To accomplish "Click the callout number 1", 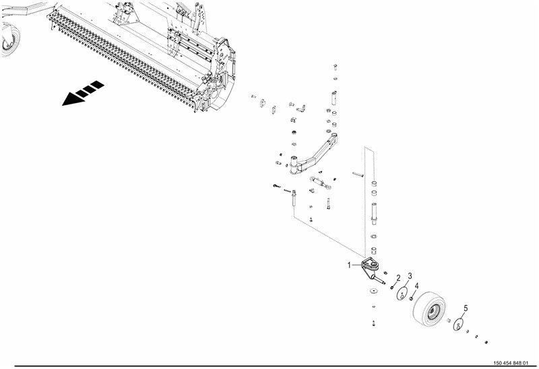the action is [x=349, y=265].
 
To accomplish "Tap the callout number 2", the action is [x=398, y=278].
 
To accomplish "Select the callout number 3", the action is [x=410, y=276].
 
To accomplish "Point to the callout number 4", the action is [x=416, y=286].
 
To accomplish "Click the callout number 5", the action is [x=466, y=308].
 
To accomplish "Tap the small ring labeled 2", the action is [x=392, y=288].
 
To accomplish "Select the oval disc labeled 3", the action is [x=402, y=294].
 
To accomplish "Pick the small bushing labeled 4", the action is [x=411, y=298].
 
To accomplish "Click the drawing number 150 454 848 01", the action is [x=510, y=363].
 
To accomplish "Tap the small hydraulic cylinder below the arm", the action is [x=319, y=182].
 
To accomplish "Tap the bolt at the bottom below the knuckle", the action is [x=374, y=323].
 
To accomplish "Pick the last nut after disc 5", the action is [x=486, y=342].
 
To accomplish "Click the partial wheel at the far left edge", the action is [x=10, y=39].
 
